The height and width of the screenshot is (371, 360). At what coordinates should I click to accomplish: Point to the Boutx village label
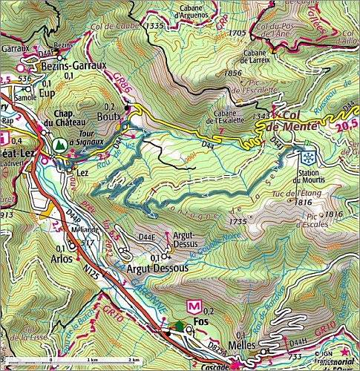tap(109, 116)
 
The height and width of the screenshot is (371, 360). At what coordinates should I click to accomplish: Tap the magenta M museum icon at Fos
tap(195, 305)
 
